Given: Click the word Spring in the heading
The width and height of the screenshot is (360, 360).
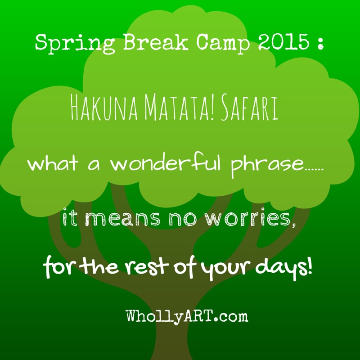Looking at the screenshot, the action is (75, 44).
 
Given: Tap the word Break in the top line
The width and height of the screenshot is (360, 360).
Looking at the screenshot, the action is (156, 42).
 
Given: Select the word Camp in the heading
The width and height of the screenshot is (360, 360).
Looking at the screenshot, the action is (223, 44).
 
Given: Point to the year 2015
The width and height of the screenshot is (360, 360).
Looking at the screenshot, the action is (283, 42).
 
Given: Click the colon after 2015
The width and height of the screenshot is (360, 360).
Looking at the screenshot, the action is (320, 44).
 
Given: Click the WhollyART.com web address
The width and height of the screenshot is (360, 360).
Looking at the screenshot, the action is (187, 316).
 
